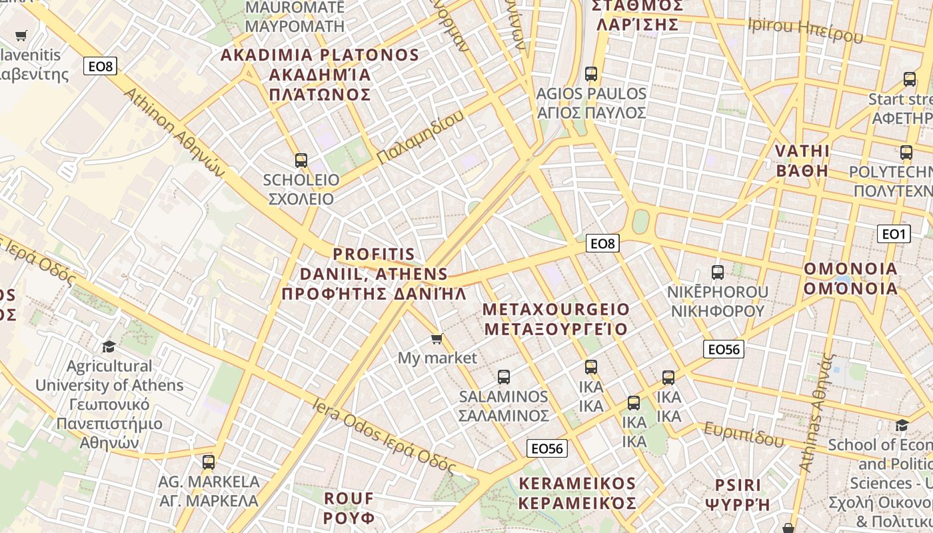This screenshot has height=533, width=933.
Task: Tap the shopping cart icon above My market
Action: click(x=437, y=339)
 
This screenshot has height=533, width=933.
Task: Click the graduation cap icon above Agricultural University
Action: click(x=109, y=346)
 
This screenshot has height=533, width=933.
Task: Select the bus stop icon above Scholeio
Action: click(x=301, y=161)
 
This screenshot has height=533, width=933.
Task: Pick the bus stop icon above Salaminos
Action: click(x=504, y=377)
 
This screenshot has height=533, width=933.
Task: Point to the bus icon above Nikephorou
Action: click(x=717, y=272)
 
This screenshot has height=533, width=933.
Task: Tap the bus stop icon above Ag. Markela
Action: click(x=209, y=462)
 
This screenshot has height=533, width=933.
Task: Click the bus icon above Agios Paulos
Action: click(x=591, y=74)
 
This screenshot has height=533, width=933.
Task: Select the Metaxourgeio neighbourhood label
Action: click(x=556, y=319)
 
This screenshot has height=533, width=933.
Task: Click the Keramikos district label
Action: click(x=577, y=493)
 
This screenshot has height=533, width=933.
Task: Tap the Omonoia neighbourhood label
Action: click(x=851, y=278)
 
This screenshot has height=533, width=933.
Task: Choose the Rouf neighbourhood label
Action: click(x=349, y=508)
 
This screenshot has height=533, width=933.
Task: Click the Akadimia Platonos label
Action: click(x=320, y=74)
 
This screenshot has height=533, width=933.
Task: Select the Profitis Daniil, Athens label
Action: click(x=374, y=274)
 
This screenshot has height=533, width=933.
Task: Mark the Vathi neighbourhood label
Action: click(x=802, y=161)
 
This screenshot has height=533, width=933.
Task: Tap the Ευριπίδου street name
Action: click(x=744, y=434)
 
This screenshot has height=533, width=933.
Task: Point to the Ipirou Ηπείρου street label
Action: click(x=805, y=30)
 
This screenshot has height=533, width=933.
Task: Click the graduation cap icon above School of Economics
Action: click(x=902, y=425)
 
